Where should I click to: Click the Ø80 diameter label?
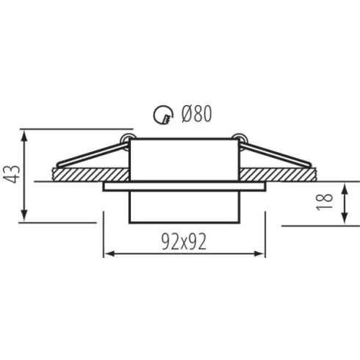click(196, 114)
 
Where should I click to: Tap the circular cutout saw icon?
click(163, 115)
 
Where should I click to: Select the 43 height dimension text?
click(12, 174)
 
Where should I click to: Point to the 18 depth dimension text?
click(325, 202)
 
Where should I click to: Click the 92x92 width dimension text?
click(184, 242)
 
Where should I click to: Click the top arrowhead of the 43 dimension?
click(24, 135)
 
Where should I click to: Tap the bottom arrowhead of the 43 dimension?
click(24, 215)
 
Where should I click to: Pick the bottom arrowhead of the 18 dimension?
click(345, 218)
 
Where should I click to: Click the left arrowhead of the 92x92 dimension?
click(109, 253)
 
